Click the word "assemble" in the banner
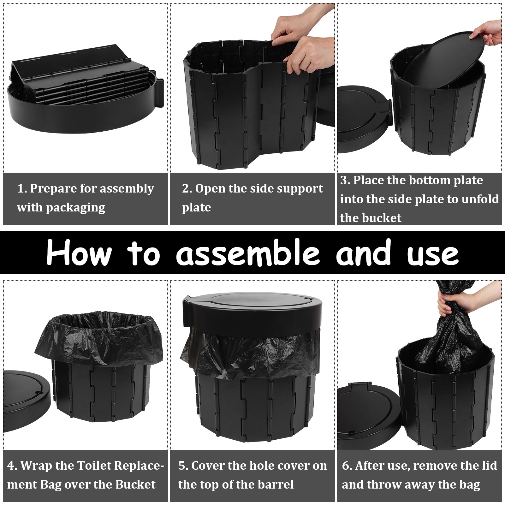pos(248,252)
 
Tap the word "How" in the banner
pos(79,252)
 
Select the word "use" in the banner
pos(433,255)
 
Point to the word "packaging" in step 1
pos(75,208)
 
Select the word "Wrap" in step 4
pos(35,466)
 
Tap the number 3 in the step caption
pos(343,181)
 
